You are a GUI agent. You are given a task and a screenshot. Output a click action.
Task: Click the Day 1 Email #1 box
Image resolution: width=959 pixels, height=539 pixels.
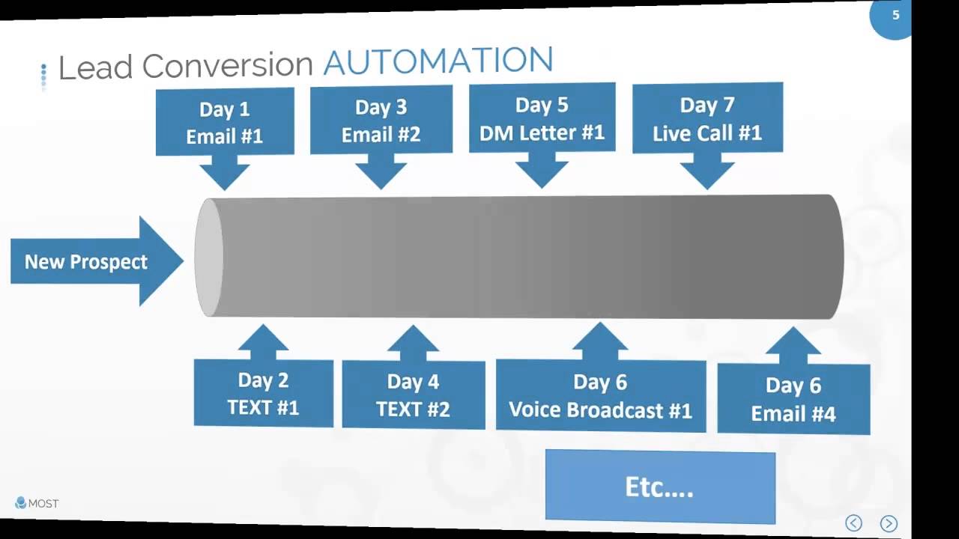pyautogui.click(x=225, y=122)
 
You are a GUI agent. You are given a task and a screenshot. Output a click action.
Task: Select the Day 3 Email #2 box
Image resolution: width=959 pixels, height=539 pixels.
pyautogui.click(x=381, y=120)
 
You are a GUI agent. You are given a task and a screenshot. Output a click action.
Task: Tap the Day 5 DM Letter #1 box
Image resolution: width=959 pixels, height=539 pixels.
pyautogui.click(x=542, y=118)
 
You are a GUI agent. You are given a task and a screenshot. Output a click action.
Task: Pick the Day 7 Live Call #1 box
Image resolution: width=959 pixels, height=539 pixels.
pyautogui.click(x=708, y=118)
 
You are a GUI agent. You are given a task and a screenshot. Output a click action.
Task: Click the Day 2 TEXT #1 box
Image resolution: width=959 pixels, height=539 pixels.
pyautogui.click(x=263, y=393)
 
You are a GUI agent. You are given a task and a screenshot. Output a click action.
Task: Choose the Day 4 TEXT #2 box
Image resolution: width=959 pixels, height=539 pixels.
pyautogui.click(x=414, y=395)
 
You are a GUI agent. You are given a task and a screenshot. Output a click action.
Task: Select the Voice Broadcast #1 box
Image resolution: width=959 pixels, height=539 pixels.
pyautogui.click(x=601, y=396)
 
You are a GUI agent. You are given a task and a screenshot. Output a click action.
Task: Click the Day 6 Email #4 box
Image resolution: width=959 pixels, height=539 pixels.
pyautogui.click(x=793, y=399)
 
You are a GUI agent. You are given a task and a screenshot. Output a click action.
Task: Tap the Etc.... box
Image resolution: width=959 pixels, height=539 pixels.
pyautogui.click(x=660, y=487)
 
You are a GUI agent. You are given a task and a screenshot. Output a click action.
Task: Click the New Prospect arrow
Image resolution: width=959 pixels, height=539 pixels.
pyautogui.click(x=97, y=261)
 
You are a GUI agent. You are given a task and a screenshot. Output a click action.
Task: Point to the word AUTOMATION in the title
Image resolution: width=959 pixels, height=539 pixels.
pyautogui.click(x=438, y=61)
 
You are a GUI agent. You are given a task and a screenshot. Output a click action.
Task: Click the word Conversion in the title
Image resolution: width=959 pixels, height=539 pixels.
pyautogui.click(x=228, y=66)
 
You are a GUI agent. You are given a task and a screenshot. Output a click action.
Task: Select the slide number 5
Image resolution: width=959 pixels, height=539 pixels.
pyautogui.click(x=895, y=16)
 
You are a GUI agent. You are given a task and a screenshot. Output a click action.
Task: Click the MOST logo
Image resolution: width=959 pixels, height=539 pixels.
pyautogui.click(x=37, y=503)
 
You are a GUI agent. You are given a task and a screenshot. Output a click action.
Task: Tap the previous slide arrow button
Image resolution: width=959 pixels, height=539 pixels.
pyautogui.click(x=853, y=523)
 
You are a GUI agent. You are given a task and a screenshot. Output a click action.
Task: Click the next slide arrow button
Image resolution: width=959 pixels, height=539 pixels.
pyautogui.click(x=889, y=523)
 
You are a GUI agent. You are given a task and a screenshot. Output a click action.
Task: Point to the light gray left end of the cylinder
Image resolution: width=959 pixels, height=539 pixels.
pyautogui.click(x=208, y=258)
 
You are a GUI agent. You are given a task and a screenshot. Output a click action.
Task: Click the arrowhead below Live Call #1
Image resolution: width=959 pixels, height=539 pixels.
pyautogui.click(x=708, y=175)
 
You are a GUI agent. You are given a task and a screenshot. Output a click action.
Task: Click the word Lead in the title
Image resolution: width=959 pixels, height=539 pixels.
pyautogui.click(x=95, y=67)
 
